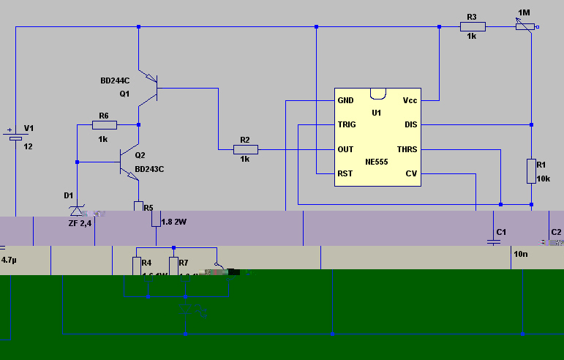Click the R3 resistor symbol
472,27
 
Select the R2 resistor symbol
245,149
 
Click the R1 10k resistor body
532,171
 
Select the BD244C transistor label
115,80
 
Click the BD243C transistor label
149,169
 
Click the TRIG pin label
346,125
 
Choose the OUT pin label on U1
345,149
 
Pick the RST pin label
345,174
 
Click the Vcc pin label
410,100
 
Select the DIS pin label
411,125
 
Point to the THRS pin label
407,149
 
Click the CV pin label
411,174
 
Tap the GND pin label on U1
345,100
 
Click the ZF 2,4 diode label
80,222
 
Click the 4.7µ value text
9,260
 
